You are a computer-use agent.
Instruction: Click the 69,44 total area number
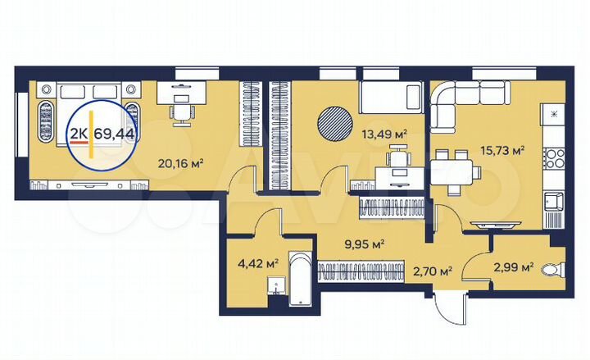pos(115,134)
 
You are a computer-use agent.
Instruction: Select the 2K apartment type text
pos(79,134)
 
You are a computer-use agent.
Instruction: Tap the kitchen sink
pos(554,200)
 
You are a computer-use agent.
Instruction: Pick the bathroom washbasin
pos(276,286)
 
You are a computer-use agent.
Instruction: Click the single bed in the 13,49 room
pos(391,99)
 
